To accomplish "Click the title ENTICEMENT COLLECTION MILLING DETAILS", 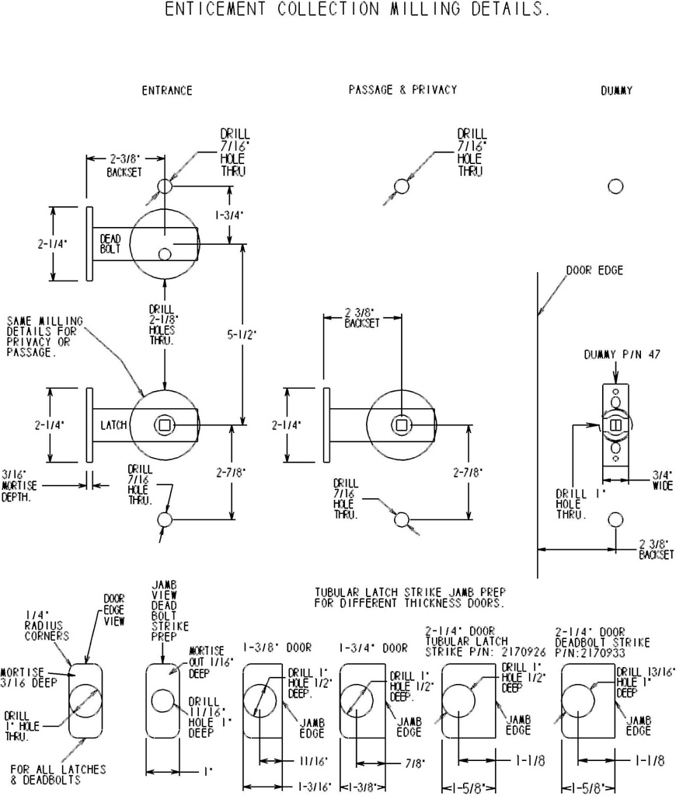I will [x=358, y=11].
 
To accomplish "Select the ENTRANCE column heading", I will [x=166, y=91].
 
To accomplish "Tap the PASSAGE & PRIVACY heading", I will [x=402, y=90].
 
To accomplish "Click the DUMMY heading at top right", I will [x=616, y=91].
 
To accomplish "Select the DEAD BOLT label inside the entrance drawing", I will [x=110, y=244].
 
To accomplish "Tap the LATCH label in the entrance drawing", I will [x=113, y=425].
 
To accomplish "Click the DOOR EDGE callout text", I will [x=594, y=271].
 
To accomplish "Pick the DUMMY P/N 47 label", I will [x=622, y=354].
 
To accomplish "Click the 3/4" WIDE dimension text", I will [x=663, y=480].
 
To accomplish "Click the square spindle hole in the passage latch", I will [x=401, y=424].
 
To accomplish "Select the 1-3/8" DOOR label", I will [x=277, y=647].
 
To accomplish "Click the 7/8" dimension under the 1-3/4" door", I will [x=413, y=763].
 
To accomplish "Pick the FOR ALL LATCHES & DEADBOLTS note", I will [x=58, y=774].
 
